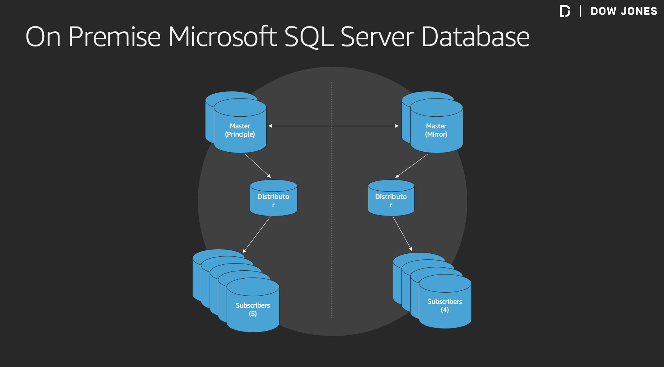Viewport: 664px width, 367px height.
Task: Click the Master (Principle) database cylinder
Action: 240,130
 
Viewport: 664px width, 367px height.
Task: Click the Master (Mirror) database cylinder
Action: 436,130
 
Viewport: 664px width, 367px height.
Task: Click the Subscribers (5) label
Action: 253,309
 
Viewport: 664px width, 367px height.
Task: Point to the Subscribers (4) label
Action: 445,305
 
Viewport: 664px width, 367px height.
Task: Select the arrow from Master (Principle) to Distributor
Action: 258,166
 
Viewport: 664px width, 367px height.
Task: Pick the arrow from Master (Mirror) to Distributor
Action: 412,166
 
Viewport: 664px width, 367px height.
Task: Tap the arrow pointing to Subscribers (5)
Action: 257,234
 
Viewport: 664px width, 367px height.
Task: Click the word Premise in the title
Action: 114,37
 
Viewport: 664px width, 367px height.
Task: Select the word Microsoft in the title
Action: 222,37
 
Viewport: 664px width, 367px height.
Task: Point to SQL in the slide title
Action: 309,38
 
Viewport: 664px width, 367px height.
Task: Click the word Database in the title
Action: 475,37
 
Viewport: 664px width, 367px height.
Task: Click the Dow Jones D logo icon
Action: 565,11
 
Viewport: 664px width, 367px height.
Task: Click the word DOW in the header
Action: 603,11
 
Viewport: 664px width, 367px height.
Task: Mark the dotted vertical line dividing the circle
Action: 332,227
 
